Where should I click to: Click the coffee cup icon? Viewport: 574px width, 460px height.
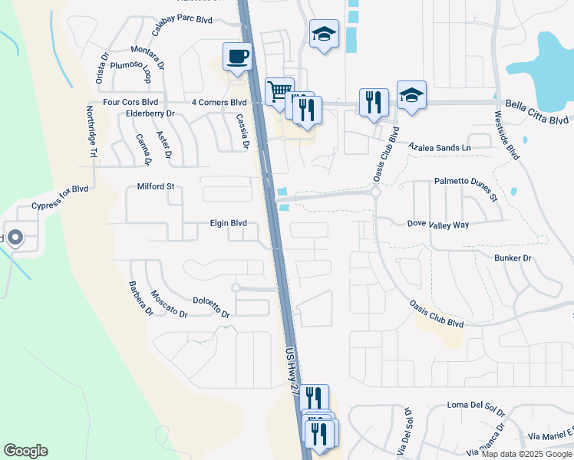(237, 56)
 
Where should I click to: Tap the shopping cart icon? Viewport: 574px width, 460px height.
(279, 91)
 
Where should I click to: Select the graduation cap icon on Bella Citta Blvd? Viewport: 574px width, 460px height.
(411, 95)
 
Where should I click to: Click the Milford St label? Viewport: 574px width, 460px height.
(156, 186)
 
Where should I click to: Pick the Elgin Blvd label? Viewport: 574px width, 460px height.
(228, 223)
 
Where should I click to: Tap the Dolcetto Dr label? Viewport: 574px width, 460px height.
(211, 308)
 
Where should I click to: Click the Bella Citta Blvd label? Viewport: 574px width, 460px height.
(537, 112)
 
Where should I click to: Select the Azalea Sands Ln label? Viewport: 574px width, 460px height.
(438, 146)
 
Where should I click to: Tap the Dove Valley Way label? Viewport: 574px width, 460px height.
(437, 224)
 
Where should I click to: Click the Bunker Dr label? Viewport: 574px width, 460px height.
(513, 258)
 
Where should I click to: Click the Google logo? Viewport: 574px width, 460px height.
(25, 451)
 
